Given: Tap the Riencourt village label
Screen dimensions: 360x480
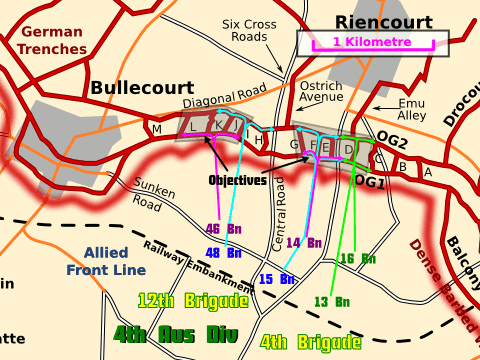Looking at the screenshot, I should pyautogui.click(x=384, y=22).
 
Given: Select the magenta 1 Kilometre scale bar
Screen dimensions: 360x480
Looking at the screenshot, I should pyautogui.click(x=373, y=43).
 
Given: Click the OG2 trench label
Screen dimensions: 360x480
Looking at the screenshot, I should pyautogui.click(x=393, y=142).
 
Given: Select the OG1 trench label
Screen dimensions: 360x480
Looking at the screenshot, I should pyautogui.click(x=370, y=181).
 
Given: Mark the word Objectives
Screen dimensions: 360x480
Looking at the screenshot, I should pyautogui.click(x=238, y=181).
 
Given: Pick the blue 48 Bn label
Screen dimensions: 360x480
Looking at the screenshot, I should pyautogui.click(x=224, y=252).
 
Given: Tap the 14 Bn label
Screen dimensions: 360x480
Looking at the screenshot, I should pyautogui.click(x=304, y=242).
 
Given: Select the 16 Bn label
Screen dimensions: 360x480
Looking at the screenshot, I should pyautogui.click(x=358, y=259).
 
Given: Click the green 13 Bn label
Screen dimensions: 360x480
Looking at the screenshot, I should pyautogui.click(x=331, y=301).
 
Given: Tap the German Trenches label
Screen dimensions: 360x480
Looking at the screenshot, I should pyautogui.click(x=51, y=40).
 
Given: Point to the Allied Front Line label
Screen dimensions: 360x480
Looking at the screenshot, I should pyautogui.click(x=106, y=261).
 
